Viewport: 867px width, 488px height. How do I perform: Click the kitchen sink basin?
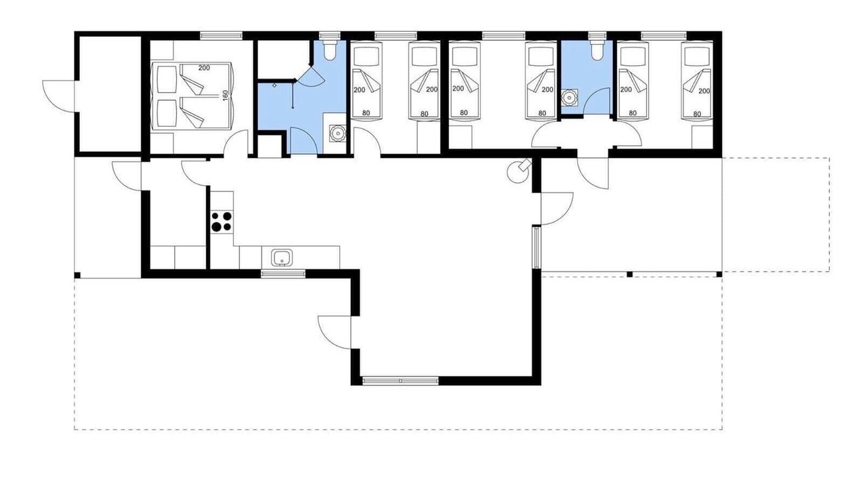(x=282, y=258)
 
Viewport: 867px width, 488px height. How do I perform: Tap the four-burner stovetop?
(x=221, y=222)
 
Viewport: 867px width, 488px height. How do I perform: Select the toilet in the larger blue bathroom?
(x=330, y=49)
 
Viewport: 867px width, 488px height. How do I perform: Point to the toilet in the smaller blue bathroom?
(x=597, y=49)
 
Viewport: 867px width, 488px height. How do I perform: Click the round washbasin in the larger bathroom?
(x=337, y=134)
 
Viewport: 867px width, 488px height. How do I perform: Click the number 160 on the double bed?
(x=226, y=96)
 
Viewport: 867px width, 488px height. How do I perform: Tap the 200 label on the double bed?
(x=204, y=68)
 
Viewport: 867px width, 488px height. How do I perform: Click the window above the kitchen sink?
(x=283, y=274)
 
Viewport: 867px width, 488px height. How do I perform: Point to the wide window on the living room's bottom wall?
(x=400, y=381)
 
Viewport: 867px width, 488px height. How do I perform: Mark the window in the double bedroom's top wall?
(x=221, y=36)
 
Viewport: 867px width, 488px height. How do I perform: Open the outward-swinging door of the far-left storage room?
(x=59, y=97)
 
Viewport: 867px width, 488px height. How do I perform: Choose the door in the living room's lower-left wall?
(x=335, y=332)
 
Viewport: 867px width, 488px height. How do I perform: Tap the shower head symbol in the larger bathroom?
(x=274, y=85)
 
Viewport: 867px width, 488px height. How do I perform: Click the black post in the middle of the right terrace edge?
(x=630, y=274)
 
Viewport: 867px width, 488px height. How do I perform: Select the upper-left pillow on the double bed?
(x=167, y=79)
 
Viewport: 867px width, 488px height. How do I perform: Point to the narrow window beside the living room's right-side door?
(x=536, y=248)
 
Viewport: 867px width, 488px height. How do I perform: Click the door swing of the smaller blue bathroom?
(x=597, y=101)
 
